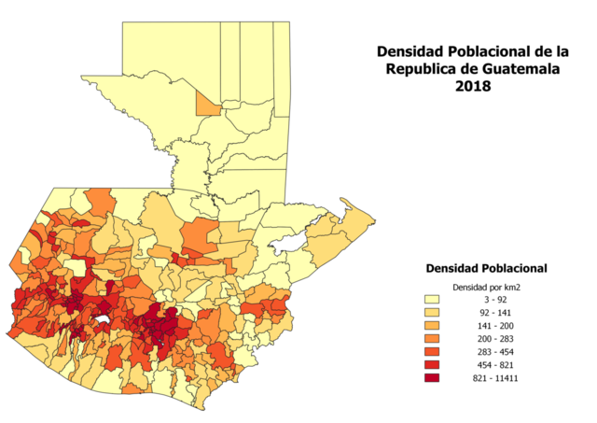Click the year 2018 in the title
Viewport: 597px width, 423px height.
(x=473, y=86)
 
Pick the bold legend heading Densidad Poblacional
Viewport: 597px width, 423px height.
(x=486, y=268)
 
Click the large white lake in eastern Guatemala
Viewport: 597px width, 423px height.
(x=287, y=242)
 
